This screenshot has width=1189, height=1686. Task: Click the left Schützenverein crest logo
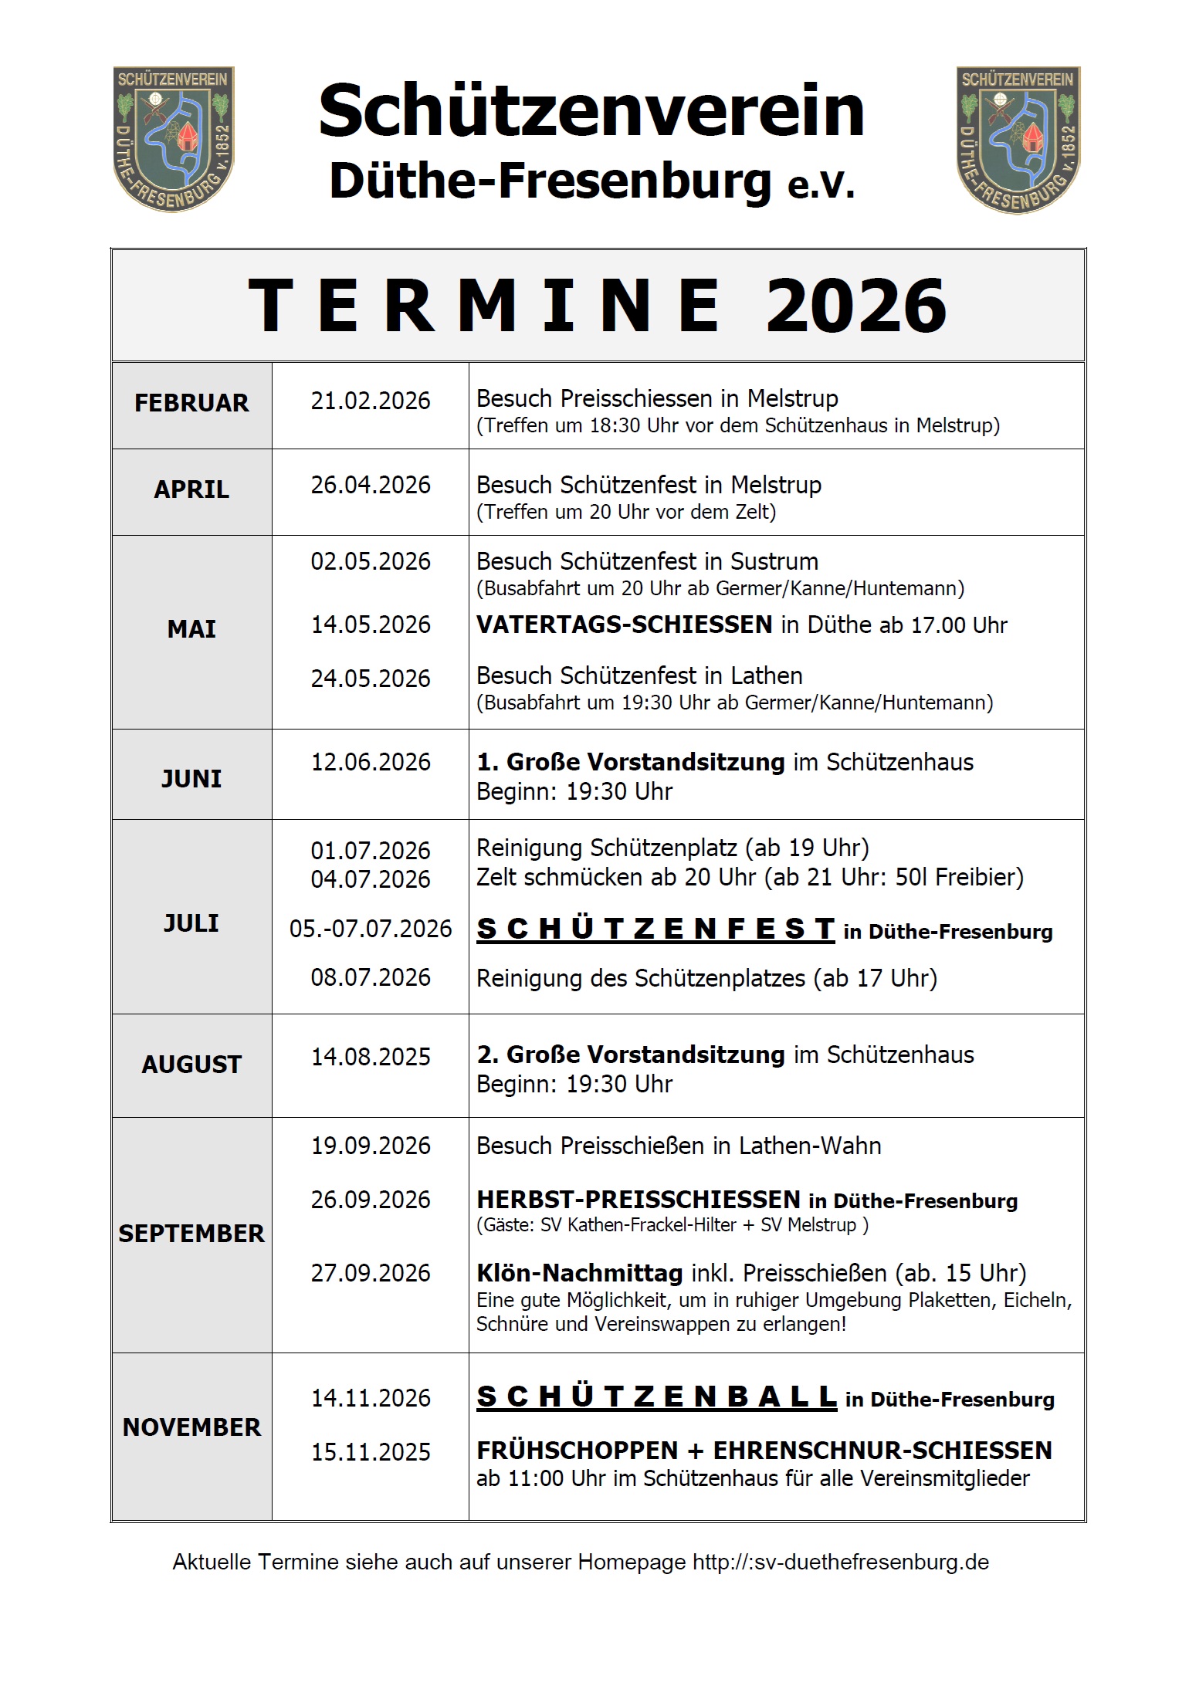(174, 139)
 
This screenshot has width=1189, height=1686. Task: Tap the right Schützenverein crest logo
(1018, 140)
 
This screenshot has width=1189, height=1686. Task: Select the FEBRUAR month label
(191, 403)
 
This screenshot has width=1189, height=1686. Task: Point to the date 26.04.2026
(371, 485)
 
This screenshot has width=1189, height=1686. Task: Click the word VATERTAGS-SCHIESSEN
(625, 625)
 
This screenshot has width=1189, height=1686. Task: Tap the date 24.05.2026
(371, 679)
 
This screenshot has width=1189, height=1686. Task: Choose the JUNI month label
(191, 778)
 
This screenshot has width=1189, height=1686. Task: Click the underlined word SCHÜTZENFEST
(655, 929)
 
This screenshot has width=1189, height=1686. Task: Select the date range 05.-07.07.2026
(371, 929)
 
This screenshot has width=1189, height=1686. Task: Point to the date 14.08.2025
(371, 1057)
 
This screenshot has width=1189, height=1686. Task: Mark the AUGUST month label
(191, 1065)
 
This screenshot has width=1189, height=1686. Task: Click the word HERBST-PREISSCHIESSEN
(639, 1200)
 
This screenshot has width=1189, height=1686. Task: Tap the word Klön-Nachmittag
(580, 1273)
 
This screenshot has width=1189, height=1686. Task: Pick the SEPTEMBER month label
(191, 1234)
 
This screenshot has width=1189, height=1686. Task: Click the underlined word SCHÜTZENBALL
(657, 1397)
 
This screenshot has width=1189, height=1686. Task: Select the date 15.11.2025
(371, 1452)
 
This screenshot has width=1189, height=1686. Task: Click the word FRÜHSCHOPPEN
(578, 1451)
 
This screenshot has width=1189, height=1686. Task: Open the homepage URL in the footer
(840, 1562)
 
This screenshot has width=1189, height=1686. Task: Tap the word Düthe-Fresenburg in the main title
(550, 181)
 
